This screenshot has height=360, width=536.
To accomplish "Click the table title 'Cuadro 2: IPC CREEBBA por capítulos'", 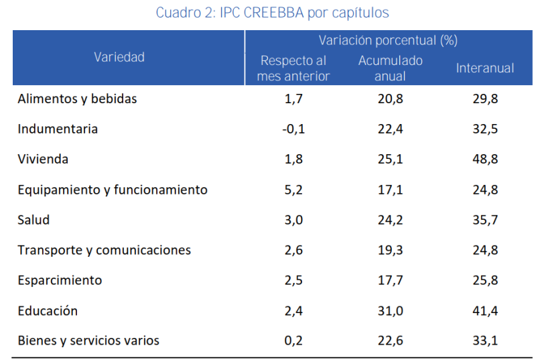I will point(272,13).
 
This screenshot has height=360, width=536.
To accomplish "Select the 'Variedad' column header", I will point(119,57).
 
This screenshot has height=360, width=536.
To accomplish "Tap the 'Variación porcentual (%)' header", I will point(388,40).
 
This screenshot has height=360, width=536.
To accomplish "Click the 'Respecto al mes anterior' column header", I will point(293,68).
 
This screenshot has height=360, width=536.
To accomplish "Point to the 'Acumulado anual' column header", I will point(390,68).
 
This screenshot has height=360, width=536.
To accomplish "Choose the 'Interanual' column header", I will point(485,68).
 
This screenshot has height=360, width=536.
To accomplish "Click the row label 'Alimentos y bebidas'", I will point(77,99).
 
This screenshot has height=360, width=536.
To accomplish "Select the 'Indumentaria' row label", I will point(58,129).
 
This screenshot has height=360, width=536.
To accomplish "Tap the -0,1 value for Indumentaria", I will point(293,129).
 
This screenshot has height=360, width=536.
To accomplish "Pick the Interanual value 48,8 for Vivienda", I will point(485,160).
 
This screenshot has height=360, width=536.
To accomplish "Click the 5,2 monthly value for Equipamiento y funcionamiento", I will point(293,190).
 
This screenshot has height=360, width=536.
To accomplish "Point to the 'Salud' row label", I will point(33,220).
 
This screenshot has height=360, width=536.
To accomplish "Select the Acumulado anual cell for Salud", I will point(390,220).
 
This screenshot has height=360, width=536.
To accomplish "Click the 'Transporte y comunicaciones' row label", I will point(104,250).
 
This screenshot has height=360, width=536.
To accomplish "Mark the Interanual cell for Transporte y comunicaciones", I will point(485,250).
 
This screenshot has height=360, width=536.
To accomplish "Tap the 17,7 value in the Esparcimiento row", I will point(390,280).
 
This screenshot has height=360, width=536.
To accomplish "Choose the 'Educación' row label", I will point(48,310).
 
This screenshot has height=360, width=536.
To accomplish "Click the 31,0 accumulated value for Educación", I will point(390,310).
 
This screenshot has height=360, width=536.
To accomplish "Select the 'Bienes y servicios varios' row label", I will point(88,341).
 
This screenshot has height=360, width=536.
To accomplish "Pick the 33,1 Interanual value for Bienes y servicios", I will point(485,341).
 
